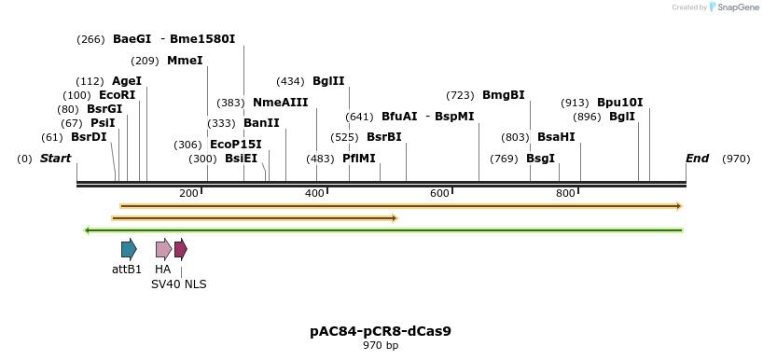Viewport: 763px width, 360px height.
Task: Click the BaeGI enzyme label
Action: [132, 39]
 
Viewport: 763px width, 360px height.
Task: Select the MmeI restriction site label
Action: [184, 61]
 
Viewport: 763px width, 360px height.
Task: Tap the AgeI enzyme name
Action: [126, 81]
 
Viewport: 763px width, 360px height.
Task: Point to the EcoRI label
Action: [117, 95]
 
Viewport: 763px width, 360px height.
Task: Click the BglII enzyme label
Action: [328, 81]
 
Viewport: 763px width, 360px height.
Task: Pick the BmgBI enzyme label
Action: [503, 95]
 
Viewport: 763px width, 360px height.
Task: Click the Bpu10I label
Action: [619, 103]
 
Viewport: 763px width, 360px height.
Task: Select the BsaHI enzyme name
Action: [556, 137]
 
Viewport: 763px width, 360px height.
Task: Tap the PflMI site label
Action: [359, 159]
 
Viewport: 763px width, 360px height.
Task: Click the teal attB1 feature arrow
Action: [129, 249]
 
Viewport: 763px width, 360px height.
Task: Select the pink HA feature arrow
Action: [163, 249]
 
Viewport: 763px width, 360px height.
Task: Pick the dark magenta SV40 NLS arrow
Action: [181, 249]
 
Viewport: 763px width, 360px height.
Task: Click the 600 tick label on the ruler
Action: [440, 193]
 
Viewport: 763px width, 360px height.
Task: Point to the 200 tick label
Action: [188, 193]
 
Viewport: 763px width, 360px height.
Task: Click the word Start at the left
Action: [55, 159]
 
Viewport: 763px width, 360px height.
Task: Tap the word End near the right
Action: [697, 159]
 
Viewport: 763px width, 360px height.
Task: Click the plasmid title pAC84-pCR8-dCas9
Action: [381, 331]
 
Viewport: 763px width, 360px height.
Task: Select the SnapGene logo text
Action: [737, 7]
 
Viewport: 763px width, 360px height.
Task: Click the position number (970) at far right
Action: [736, 159]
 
